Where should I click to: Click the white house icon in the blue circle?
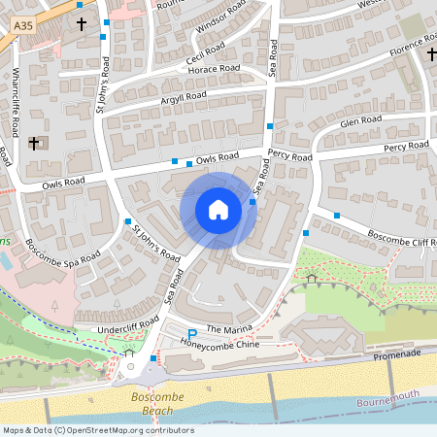218,209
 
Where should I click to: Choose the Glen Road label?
361,123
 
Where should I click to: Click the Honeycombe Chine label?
219,346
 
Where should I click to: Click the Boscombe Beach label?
153,404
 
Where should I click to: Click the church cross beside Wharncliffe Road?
34,144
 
